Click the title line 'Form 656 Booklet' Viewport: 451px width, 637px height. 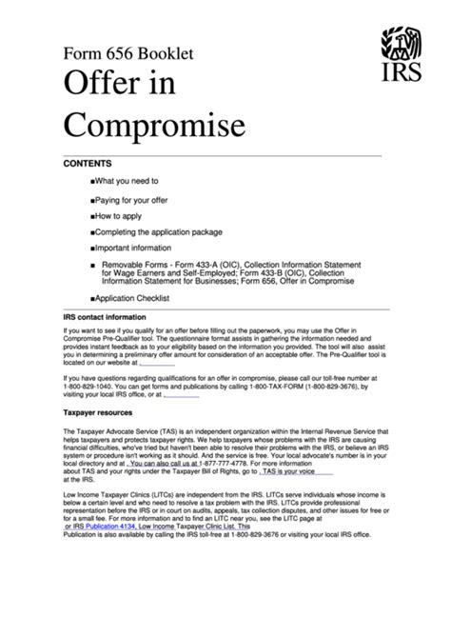pyautogui.click(x=128, y=54)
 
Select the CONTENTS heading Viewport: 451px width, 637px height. pyautogui.click(x=87, y=164)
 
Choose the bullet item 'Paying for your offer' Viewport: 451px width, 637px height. pyautogui.click(x=136, y=201)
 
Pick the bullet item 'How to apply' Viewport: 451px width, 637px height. pyautogui.click(x=121, y=217)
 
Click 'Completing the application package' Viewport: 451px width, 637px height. pyautogui.click(x=157, y=232)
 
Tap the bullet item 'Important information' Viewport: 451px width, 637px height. pyautogui.click(x=139, y=248)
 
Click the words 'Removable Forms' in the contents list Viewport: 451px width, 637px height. pyautogui.click(x=133, y=264)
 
